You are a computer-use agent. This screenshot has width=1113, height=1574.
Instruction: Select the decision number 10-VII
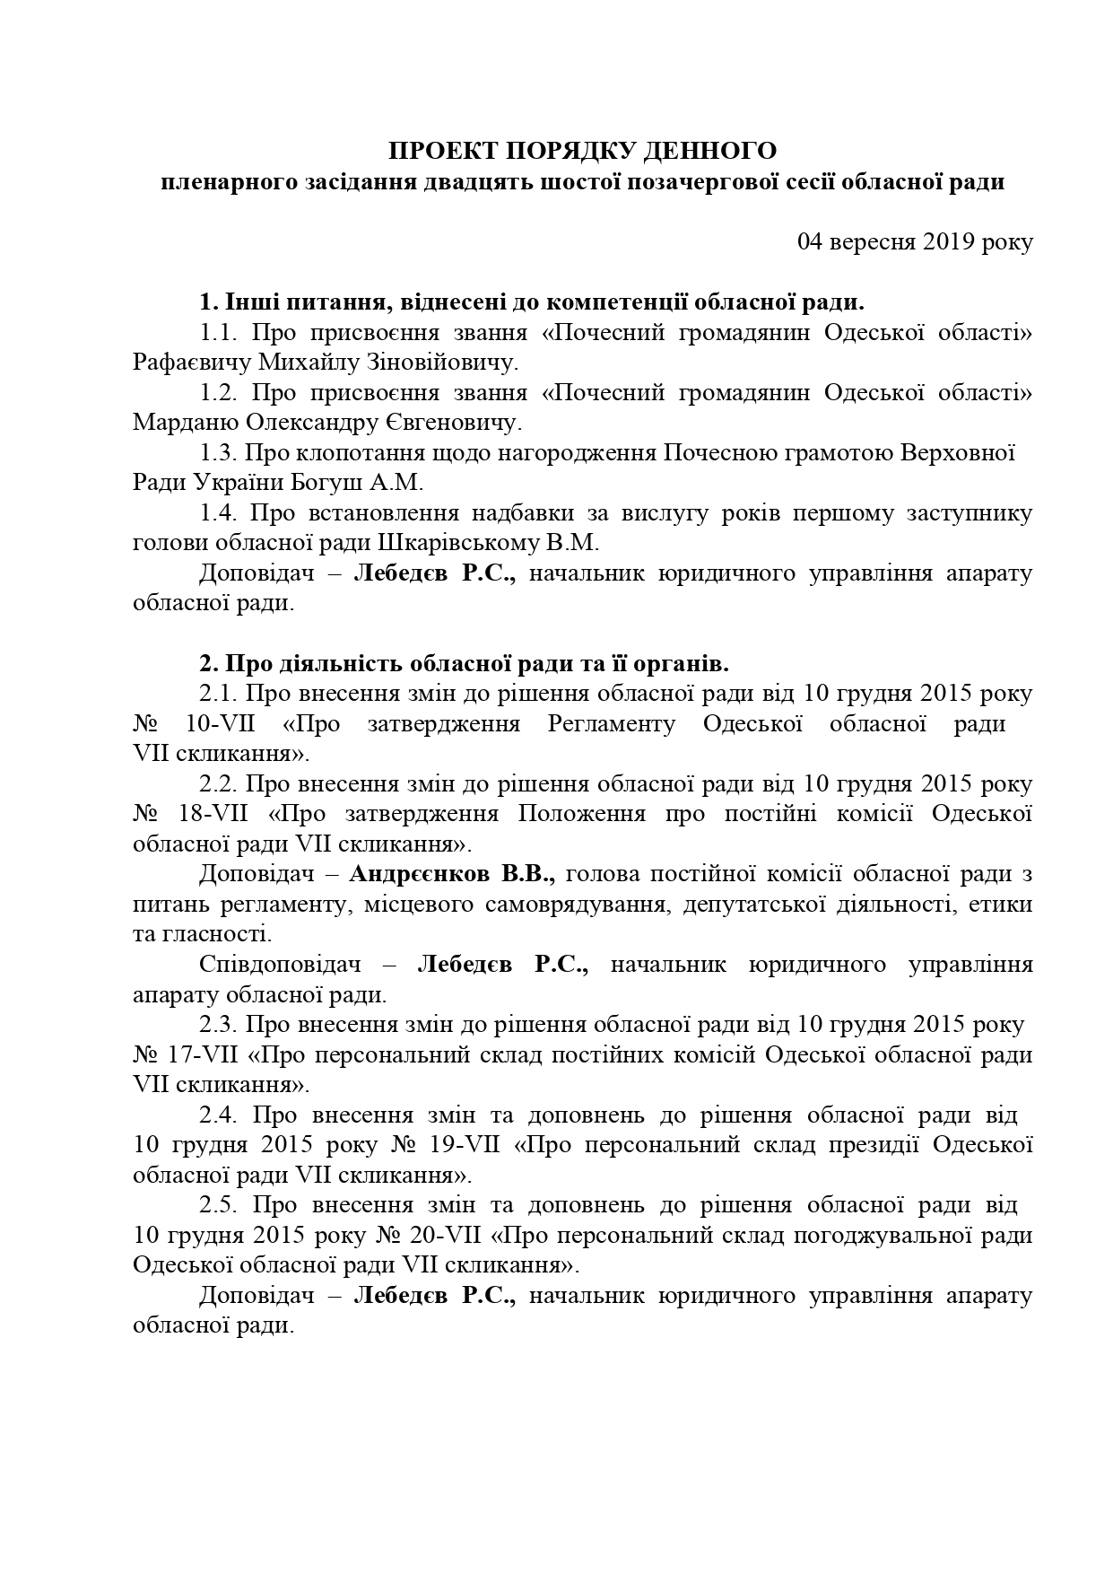point(221,723)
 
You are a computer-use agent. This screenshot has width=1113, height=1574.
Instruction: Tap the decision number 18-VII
point(220,814)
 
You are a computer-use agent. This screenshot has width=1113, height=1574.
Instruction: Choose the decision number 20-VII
point(446,1235)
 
